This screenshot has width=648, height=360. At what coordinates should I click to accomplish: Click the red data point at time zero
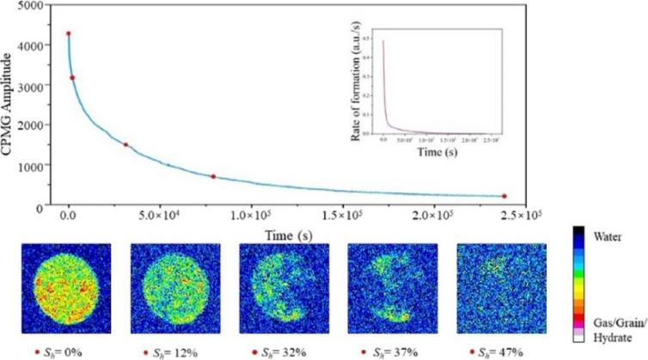tap(69, 34)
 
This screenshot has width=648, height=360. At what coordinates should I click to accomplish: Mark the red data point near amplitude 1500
tap(126, 144)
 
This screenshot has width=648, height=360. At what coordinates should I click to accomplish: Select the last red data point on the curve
tap(504, 197)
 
